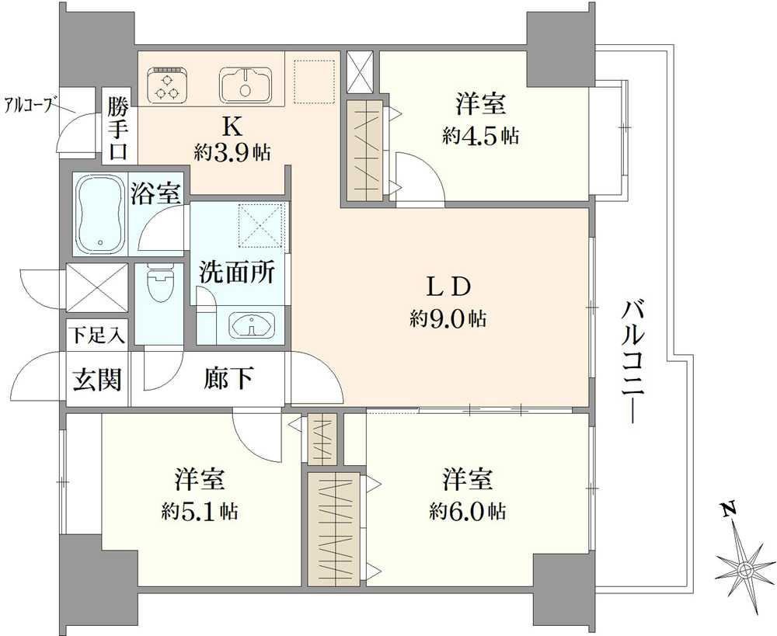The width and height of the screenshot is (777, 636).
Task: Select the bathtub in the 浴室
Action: click(99, 214)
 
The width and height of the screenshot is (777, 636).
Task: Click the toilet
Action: click(159, 283)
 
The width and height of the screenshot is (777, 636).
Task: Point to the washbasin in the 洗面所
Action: click(252, 326)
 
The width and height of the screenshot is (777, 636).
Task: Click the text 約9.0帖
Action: click(448, 318)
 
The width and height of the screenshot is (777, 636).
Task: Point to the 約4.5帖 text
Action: click(481, 135)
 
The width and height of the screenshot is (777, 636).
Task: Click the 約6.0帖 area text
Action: click(467, 511)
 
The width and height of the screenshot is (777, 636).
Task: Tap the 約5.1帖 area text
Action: click(199, 511)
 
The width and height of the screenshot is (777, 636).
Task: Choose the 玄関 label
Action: click(97, 381)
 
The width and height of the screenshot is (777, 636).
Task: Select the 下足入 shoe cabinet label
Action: click(96, 335)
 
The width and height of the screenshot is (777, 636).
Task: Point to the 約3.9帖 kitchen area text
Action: click(232, 153)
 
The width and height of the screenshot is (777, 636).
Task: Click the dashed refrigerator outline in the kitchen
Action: click(315, 82)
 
